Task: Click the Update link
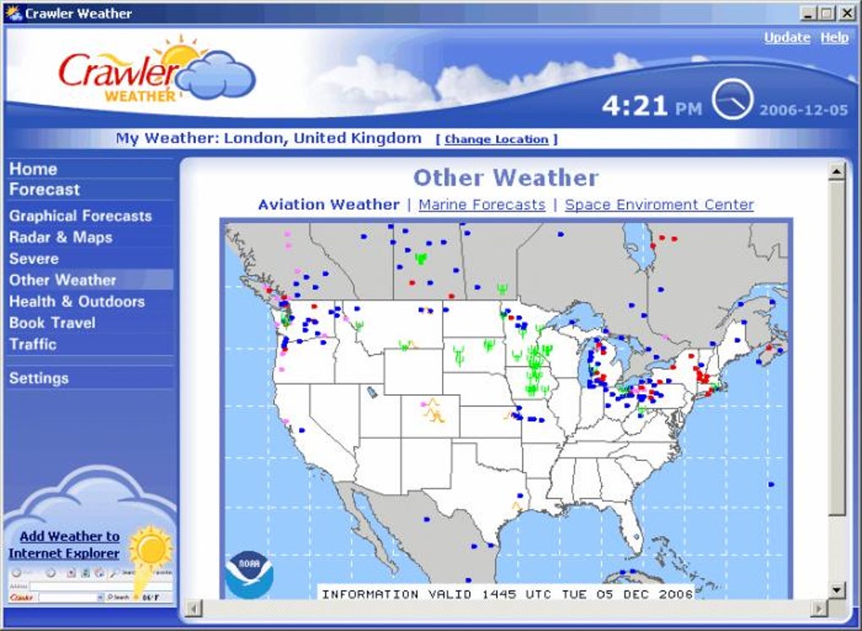787,38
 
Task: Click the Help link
834,38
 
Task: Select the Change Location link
496,140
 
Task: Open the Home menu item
33,169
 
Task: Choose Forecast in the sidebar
44,190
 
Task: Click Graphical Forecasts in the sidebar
80,217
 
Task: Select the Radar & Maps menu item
60,238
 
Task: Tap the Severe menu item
34,259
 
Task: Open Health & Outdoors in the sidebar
77,302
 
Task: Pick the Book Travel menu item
52,323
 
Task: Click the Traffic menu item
33,344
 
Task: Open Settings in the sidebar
39,379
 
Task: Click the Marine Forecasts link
482,205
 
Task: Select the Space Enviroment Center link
659,205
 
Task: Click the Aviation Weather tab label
329,205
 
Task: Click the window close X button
846,13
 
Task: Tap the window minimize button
807,13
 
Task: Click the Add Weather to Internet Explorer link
65,545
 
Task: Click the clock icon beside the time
732,100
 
